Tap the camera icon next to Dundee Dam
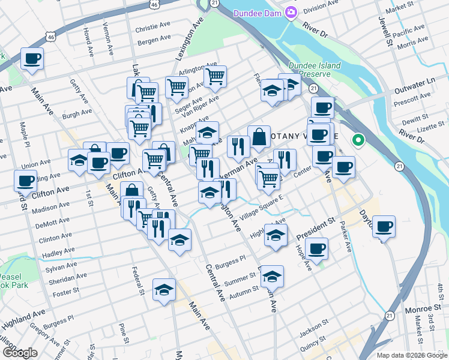(x=291, y=12)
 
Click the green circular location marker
(x=358, y=141)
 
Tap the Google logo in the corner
(x=19, y=353)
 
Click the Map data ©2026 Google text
(x=412, y=355)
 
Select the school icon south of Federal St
(x=164, y=290)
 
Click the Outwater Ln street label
(x=415, y=84)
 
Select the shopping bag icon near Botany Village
(x=259, y=136)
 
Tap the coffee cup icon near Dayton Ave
(x=384, y=226)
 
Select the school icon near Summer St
(x=272, y=276)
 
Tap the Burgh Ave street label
(x=77, y=112)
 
